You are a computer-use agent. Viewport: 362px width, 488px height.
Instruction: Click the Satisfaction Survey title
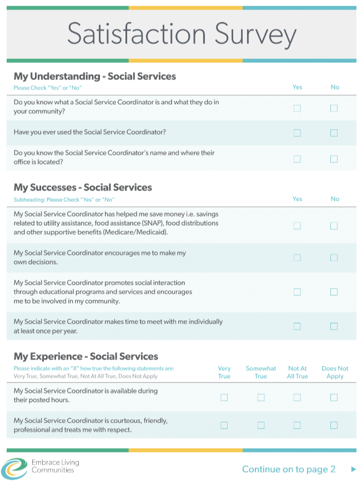click(182, 34)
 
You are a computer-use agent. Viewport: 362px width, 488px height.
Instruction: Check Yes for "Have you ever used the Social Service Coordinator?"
click(297, 133)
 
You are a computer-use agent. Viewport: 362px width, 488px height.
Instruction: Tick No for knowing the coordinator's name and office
click(334, 159)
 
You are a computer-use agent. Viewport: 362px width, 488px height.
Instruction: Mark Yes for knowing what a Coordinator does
click(297, 108)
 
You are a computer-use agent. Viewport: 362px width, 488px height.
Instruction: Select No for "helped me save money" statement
click(334, 226)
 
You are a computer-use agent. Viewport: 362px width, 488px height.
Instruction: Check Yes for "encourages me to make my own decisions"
click(297, 258)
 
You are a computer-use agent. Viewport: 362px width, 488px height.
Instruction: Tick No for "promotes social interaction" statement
click(334, 292)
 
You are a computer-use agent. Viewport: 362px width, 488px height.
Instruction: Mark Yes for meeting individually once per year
click(297, 326)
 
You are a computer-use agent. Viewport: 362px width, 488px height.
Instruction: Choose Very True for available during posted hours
click(224, 397)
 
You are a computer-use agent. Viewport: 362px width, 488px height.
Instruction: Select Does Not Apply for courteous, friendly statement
click(334, 425)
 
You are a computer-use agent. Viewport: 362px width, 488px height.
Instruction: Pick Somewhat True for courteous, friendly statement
click(261, 425)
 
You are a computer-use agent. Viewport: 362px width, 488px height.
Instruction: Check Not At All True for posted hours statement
click(297, 397)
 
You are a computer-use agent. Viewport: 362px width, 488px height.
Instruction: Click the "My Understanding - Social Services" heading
click(95, 76)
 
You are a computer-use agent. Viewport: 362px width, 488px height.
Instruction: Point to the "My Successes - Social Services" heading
click(83, 187)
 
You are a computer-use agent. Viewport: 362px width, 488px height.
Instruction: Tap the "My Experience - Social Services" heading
click(86, 356)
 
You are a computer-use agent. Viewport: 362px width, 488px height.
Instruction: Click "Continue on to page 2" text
click(289, 469)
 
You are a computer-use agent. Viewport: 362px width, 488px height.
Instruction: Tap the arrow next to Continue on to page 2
click(354, 469)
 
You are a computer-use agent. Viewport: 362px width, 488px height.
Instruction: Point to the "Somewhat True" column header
click(261, 372)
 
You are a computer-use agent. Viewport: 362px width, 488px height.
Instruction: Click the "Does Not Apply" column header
click(335, 372)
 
